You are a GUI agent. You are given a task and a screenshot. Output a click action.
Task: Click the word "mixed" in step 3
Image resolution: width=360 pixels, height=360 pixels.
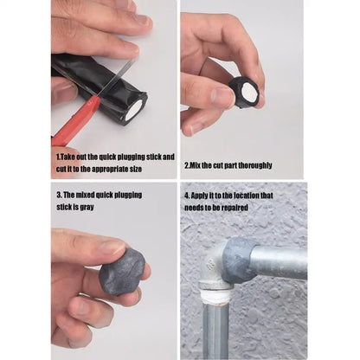(81, 195)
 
